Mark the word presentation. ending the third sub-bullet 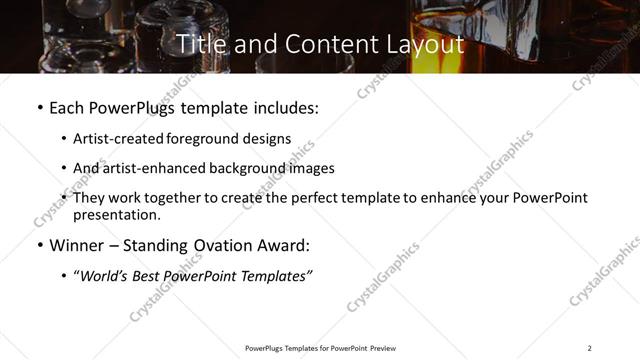[116, 214]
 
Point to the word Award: [281, 245]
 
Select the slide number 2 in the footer [589, 348]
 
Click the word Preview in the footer [382, 348]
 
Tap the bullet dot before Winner [39, 245]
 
